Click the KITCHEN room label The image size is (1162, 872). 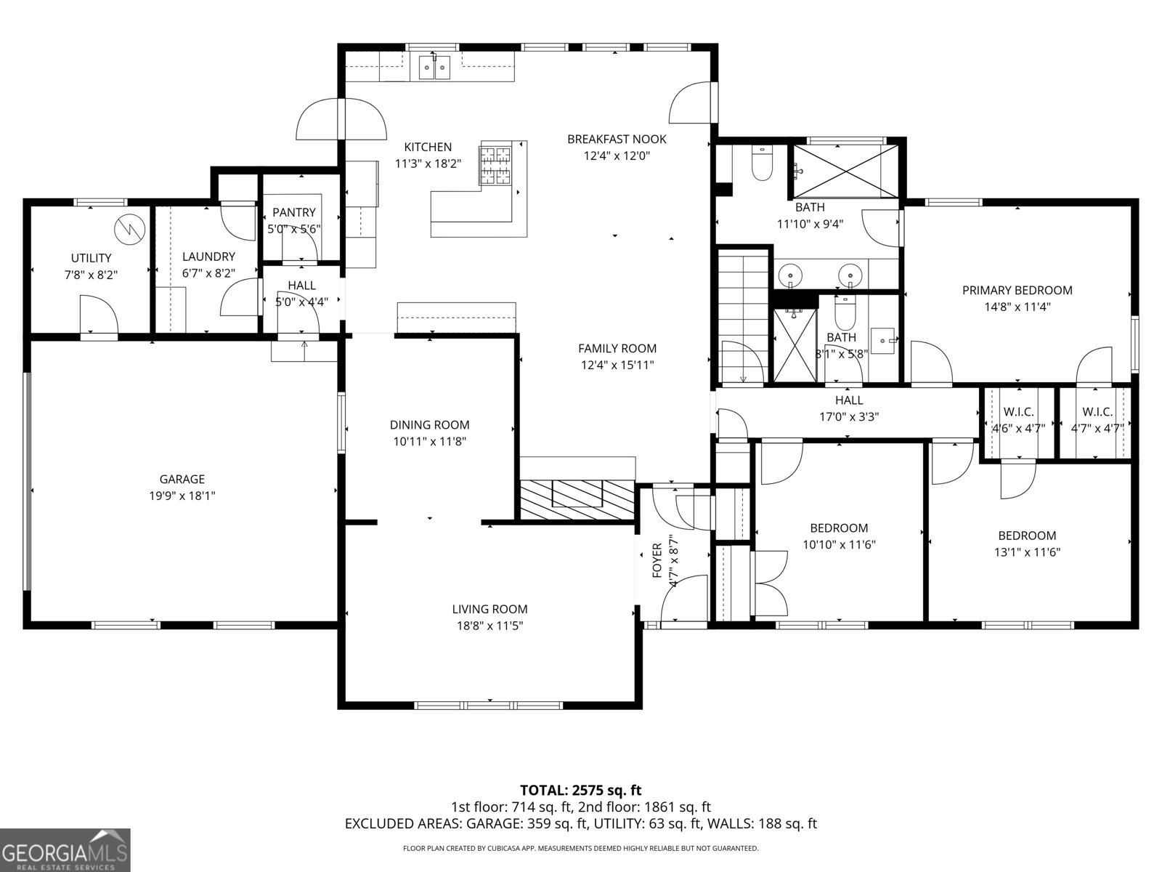[x=428, y=148]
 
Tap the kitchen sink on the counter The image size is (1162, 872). [x=434, y=68]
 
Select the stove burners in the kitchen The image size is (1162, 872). [x=495, y=165]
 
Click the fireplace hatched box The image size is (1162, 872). [x=577, y=499]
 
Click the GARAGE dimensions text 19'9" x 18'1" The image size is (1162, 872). [x=182, y=496]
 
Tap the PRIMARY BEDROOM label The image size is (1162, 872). [x=1017, y=291]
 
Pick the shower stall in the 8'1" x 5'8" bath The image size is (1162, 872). [x=795, y=344]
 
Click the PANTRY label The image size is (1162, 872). [x=294, y=213]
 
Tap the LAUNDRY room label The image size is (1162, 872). [x=208, y=257]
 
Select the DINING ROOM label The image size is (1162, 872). [x=429, y=425]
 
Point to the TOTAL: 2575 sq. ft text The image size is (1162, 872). [x=580, y=790]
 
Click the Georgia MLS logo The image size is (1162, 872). [x=65, y=849]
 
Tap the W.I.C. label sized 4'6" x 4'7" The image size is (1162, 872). [x=1018, y=412]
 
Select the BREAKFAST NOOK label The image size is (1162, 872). [x=617, y=139]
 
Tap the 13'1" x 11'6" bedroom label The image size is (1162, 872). [x=1027, y=552]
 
